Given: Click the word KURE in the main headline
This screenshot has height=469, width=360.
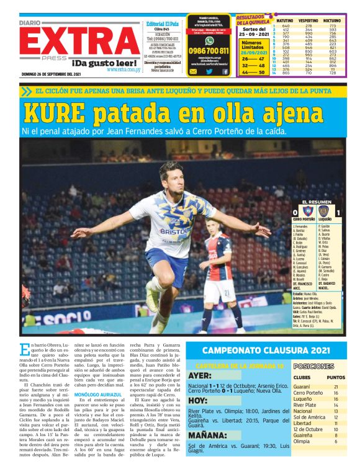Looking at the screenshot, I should [x=53, y=112].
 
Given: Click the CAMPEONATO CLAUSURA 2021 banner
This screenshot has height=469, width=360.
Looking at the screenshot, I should [x=266, y=351].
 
